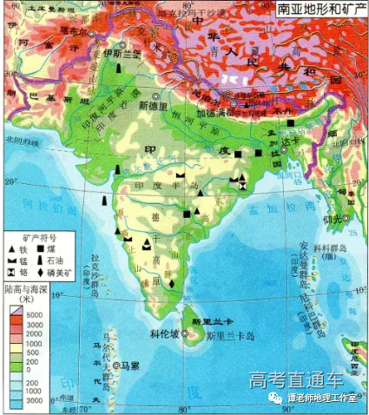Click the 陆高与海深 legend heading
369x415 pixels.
tap(30, 289)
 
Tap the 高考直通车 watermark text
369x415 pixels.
tap(295, 380)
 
